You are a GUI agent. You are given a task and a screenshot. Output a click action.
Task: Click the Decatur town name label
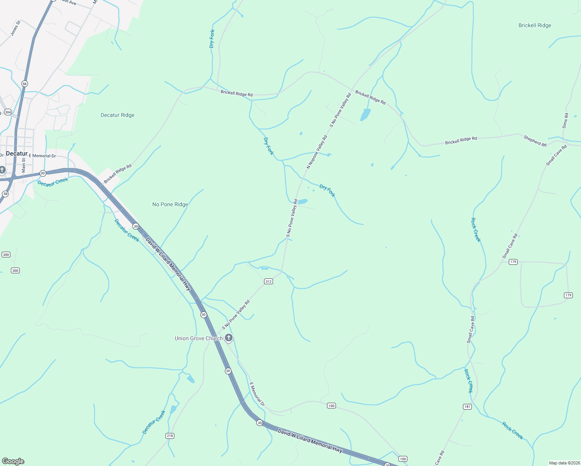pyautogui.click(x=17, y=154)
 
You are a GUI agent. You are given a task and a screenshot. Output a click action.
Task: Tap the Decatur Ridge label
pyautogui.click(x=117, y=115)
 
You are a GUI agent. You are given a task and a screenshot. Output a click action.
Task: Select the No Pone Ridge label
pyautogui.click(x=170, y=205)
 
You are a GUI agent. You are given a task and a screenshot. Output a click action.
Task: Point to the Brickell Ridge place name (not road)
pyautogui.click(x=535, y=26)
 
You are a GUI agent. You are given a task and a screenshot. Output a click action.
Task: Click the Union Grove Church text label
pyautogui.click(x=198, y=339)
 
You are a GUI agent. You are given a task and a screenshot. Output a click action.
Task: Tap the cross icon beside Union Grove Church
pyautogui.click(x=229, y=338)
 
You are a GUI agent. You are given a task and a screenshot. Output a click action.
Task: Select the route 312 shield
pyautogui.click(x=268, y=282)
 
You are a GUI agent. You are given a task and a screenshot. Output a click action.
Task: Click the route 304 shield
pyautogui.click(x=8, y=112)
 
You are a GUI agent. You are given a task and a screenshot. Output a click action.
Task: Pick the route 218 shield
pyautogui.click(x=170, y=436)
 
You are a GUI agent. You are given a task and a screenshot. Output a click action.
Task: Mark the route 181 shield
pyautogui.click(x=467, y=407)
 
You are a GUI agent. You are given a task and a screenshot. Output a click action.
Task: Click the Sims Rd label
pyautogui.click(x=565, y=121)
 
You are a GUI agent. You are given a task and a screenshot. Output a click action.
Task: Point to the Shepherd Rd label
pyautogui.click(x=535, y=141)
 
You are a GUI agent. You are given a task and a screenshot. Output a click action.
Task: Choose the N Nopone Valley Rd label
pyautogui.click(x=317, y=152)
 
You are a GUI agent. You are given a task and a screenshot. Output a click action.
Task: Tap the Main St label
pyautogui.click(x=24, y=165)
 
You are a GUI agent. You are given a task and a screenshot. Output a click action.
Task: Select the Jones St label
pyautogui.click(x=15, y=28)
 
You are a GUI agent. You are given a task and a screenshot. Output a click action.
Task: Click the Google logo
pyautogui.click(x=13, y=461)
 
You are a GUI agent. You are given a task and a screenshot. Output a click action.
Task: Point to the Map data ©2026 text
pyautogui.click(x=564, y=463)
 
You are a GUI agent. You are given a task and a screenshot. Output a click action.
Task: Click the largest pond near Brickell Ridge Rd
pyautogui.click(x=365, y=115)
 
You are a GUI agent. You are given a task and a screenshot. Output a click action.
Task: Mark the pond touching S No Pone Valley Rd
pyautogui.click(x=302, y=202)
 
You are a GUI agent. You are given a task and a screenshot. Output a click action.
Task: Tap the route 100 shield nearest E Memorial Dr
pyautogui.click(x=331, y=406)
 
